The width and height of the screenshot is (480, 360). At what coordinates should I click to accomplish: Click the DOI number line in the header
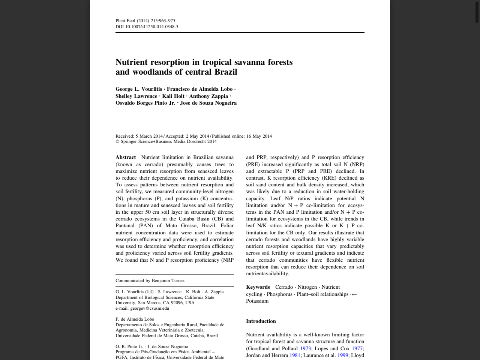(147, 27)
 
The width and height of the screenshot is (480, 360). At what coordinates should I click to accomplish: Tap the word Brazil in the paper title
(226, 72)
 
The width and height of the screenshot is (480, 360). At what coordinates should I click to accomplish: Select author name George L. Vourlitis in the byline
(139, 89)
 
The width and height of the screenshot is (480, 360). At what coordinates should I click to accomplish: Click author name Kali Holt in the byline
(173, 96)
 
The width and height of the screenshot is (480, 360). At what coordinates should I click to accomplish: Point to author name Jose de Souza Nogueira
(208, 103)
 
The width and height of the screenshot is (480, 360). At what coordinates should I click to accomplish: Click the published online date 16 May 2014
(259, 136)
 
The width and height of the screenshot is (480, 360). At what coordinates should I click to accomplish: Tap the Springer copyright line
(166, 141)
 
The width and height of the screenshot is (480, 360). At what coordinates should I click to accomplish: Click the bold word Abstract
(126, 157)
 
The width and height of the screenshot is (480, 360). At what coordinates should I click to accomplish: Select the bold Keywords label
(258, 287)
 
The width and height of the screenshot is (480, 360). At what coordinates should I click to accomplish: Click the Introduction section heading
(261, 321)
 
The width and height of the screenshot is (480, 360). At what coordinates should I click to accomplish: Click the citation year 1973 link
(305, 349)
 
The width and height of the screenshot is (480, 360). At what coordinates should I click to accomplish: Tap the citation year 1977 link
(357, 349)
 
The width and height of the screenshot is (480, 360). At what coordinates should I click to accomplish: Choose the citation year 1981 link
(295, 355)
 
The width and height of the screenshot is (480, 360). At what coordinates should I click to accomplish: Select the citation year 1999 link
(342, 355)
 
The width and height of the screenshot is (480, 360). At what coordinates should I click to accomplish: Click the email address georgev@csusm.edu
(149, 308)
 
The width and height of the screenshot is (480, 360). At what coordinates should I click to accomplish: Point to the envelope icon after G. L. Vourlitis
(150, 292)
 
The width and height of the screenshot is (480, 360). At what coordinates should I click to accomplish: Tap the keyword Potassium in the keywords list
(257, 301)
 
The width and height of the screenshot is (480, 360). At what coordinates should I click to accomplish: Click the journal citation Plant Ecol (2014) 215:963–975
(145, 21)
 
